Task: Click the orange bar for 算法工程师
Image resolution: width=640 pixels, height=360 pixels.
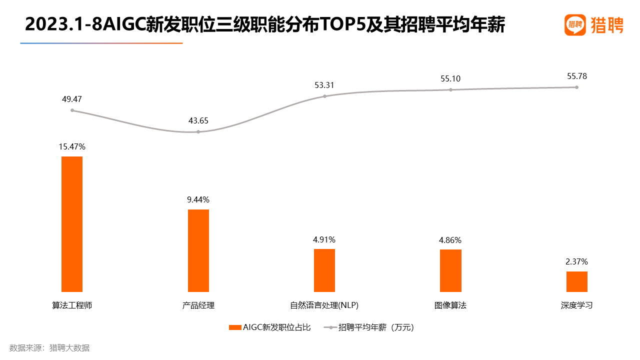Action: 72,224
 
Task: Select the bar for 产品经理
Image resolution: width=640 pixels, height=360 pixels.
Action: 198,250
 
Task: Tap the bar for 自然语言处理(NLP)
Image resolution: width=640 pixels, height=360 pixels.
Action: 324,270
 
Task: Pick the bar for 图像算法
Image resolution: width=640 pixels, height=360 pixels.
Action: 450,270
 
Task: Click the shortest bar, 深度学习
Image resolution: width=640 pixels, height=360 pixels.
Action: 576,281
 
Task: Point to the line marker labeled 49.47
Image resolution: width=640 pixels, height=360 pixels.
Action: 72,110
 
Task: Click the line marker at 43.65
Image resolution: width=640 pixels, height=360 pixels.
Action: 198,132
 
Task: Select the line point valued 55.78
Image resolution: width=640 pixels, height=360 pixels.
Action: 576,87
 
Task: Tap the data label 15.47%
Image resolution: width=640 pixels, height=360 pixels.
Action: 72,147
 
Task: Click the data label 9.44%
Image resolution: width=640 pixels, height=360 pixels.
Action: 198,199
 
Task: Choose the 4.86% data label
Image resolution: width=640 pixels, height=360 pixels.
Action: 450,240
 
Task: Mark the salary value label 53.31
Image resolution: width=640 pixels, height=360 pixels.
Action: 324,85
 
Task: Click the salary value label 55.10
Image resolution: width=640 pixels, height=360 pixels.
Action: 450,78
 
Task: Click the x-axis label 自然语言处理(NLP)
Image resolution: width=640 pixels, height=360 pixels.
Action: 324,305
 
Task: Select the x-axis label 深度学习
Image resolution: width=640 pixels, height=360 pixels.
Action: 576,305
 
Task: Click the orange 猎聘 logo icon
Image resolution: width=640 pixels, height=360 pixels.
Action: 575,24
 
